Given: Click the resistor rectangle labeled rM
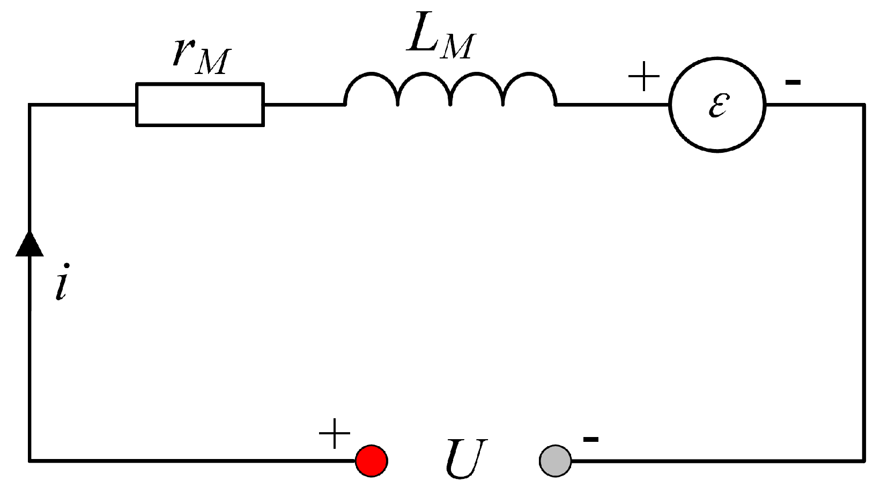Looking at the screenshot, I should (199, 105).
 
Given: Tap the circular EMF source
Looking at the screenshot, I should (717, 105).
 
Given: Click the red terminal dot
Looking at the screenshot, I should (372, 461).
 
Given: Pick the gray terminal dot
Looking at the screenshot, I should (555, 461).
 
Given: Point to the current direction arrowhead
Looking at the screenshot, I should (29, 244).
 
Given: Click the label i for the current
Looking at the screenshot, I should (63, 282).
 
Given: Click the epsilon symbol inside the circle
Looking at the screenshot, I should (718, 105).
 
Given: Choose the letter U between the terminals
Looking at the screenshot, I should (465, 458).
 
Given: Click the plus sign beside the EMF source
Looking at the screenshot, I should (643, 77).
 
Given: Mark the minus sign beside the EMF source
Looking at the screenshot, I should (793, 82).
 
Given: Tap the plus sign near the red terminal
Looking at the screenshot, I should (335, 433).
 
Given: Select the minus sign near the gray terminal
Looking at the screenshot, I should (590, 440).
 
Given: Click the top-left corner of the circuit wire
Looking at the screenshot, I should (30, 105).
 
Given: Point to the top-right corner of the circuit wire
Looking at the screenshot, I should (863, 105).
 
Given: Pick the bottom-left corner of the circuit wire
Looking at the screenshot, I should (30, 460).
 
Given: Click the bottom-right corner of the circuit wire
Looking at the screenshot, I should (863, 460).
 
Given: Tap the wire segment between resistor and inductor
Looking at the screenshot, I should (303, 105).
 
